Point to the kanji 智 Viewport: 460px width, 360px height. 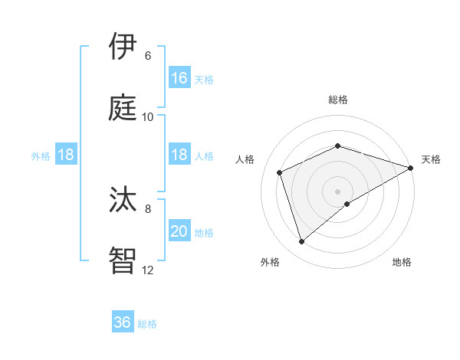123,260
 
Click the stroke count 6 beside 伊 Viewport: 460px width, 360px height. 147,55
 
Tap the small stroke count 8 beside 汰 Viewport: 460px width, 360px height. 147,208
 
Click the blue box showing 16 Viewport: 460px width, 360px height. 179,77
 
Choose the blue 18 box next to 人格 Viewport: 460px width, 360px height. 179,155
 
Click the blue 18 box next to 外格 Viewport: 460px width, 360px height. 66,155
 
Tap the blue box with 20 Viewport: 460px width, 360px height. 179,231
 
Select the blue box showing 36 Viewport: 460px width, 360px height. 123,322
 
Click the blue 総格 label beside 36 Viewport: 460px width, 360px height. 147,324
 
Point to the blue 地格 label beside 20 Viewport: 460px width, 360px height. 204,233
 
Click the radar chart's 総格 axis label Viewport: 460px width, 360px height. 337,100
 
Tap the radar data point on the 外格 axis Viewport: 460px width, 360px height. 301,242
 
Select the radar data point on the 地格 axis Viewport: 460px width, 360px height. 347,204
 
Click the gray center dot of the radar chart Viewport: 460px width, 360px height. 337,191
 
